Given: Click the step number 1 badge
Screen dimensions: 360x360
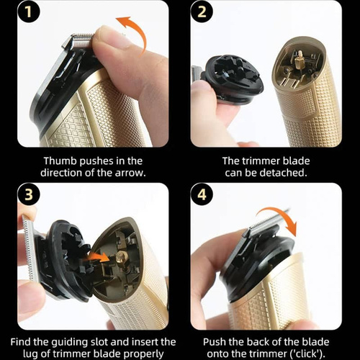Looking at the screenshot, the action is click(28, 12).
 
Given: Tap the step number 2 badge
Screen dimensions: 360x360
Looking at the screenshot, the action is click(202, 12).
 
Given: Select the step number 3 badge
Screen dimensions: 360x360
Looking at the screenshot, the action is click(28, 194).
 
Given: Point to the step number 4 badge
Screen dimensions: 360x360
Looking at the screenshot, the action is click(202, 194).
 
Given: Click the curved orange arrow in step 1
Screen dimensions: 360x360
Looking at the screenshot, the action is click(139, 31).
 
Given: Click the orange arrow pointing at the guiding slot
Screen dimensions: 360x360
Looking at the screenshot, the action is click(99, 258).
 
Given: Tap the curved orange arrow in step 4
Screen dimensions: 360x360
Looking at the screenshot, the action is click(281, 214).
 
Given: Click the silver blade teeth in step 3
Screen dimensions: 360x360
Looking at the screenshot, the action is click(30, 247).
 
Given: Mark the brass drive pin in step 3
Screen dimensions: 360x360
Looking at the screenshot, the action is click(120, 258).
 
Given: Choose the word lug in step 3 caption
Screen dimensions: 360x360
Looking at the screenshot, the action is click(31, 354).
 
